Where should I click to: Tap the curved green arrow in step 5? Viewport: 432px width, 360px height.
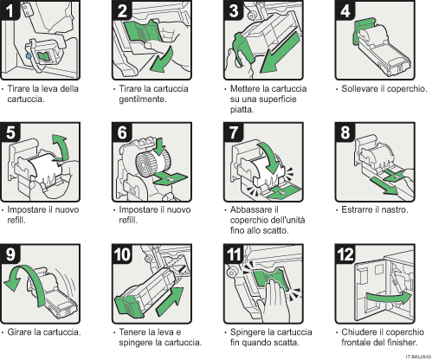pyautogui.click(x=60, y=141)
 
